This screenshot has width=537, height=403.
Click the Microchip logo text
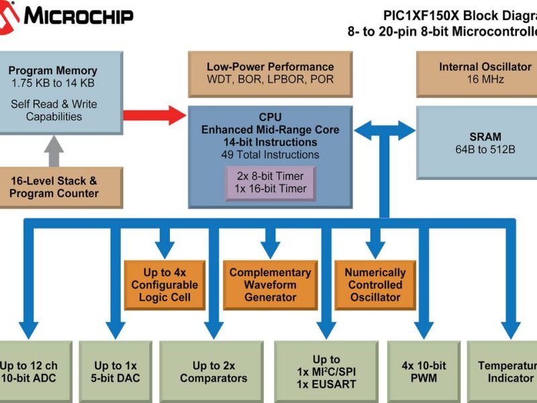pos(79,16)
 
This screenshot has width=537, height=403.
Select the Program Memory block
pos(54,93)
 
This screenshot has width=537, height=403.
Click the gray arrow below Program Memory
pos(54,150)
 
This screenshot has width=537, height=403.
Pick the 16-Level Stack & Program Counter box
pos(54,187)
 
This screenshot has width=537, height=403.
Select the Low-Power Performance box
pos(270,73)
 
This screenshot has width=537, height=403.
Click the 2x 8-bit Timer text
pos(270,176)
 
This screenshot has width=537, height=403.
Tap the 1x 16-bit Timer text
pos(270,189)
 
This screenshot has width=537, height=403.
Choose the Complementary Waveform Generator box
pos(270,284)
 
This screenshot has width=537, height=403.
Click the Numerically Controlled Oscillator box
pos(375,284)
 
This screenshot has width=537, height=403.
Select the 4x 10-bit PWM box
pos(424,371)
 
